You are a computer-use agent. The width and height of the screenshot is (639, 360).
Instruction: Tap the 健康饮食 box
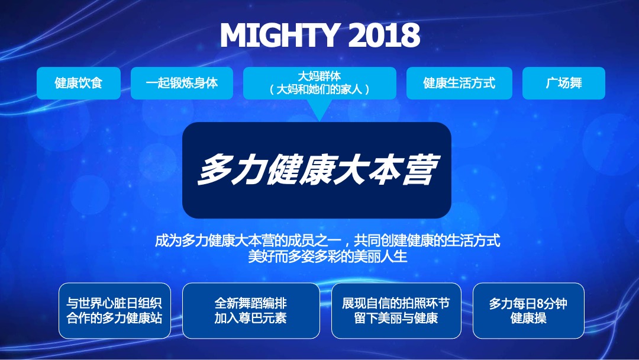click(79, 83)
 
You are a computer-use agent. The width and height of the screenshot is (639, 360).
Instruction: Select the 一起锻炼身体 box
click(182, 83)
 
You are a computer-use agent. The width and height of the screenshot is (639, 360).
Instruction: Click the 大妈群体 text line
click(319, 76)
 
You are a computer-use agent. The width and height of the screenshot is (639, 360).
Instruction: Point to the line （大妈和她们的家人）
click(319, 89)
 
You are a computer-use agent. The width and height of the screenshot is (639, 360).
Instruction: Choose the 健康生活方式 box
click(459, 83)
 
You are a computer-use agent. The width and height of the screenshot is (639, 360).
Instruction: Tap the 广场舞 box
click(563, 83)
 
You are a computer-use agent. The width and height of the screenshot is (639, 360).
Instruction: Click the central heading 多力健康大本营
click(317, 171)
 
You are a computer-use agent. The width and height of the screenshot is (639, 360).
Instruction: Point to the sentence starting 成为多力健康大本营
click(328, 241)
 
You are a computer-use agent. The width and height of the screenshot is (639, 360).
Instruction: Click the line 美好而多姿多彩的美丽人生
click(328, 258)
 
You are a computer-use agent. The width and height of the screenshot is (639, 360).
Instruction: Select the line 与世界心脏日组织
click(115, 303)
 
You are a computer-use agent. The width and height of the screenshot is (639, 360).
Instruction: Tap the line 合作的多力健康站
click(115, 318)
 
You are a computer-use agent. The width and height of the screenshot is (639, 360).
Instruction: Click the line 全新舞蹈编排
click(251, 303)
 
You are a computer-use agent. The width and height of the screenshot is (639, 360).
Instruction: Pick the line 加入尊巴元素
click(251, 318)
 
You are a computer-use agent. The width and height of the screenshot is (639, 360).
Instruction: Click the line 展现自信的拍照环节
click(396, 303)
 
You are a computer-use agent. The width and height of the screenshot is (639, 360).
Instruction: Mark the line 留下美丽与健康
click(396, 318)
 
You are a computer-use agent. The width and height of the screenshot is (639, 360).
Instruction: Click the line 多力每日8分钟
click(528, 303)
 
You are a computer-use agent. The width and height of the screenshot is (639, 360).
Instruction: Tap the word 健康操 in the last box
click(528, 318)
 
